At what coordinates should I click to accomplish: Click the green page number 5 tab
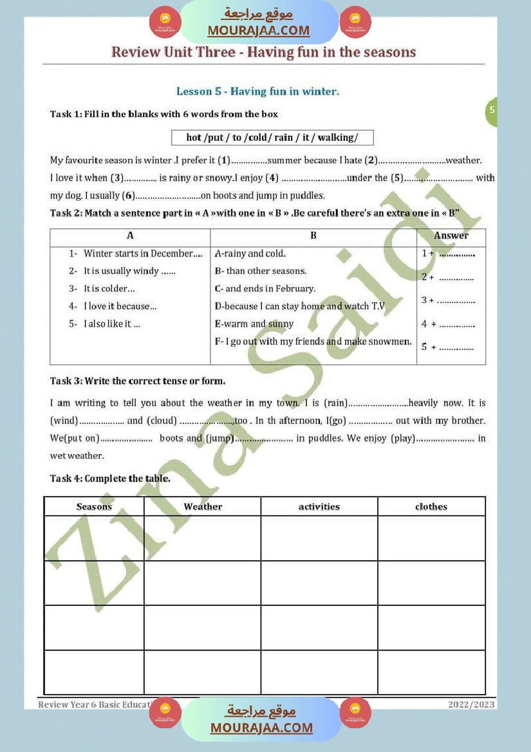pos(492,110)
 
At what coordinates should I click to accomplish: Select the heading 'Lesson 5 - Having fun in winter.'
pos(257,91)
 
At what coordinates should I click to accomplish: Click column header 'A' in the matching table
pos(130,236)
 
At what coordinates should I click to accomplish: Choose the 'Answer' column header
pos(451,236)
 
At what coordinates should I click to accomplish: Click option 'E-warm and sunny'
pos(254,324)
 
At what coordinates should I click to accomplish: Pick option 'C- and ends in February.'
pos(265,289)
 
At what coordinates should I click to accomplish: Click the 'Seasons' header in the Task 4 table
pos(94,507)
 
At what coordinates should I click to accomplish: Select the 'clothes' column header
pos(431,507)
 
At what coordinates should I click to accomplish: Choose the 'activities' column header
pos(319,507)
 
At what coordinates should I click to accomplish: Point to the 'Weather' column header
pos(203,507)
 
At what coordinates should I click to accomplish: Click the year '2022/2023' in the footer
pos(471,704)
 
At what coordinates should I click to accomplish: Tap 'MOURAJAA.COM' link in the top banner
pos(259,30)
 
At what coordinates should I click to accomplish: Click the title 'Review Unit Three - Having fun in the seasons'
pos(263,52)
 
